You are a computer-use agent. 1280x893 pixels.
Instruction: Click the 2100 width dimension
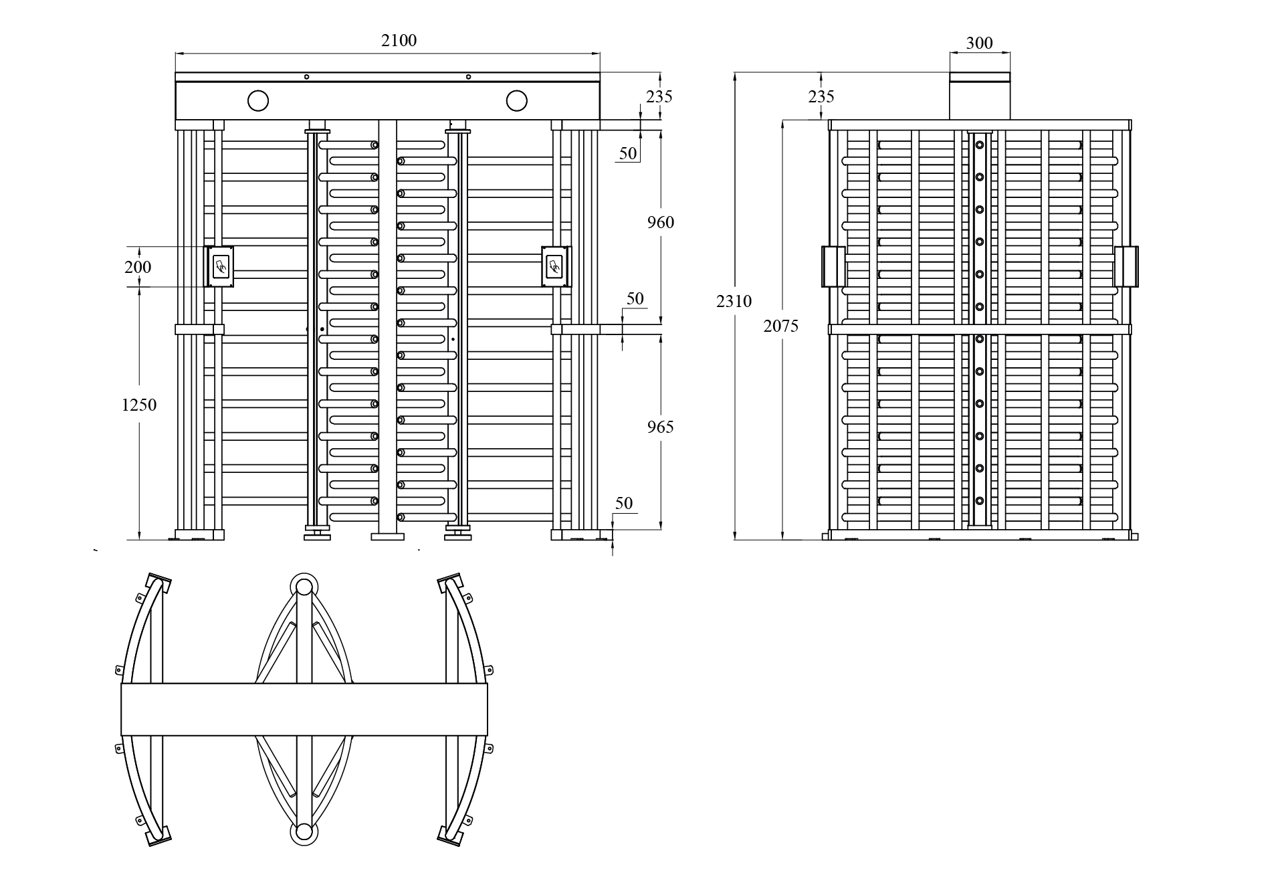[x=399, y=41]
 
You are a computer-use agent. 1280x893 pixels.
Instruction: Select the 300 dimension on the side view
[x=980, y=43]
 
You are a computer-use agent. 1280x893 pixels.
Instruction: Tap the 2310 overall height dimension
[x=734, y=302]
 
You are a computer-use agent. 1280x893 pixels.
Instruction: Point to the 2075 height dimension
[x=780, y=326]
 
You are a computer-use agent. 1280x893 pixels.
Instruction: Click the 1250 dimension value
[x=139, y=405]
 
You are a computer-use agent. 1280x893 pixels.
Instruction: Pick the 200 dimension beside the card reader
[x=138, y=267]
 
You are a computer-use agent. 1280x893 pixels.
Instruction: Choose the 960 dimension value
[x=660, y=222]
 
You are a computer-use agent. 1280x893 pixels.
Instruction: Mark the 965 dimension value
[x=660, y=427]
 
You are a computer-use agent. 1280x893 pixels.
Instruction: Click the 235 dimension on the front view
[x=659, y=96]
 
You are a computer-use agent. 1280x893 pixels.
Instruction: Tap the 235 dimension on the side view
[x=821, y=97]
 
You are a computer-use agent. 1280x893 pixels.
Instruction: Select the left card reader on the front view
[x=219, y=266]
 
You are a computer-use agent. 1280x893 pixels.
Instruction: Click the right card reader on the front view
[x=556, y=266]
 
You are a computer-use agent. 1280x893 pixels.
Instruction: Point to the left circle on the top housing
[x=258, y=101]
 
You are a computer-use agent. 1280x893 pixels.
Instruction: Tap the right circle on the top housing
[x=516, y=101]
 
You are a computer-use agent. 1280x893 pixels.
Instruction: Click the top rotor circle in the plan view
[x=304, y=587]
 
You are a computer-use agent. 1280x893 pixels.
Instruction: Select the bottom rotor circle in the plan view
[x=304, y=831]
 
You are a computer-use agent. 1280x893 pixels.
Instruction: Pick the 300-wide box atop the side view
[x=980, y=96]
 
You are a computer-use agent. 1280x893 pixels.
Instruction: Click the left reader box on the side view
[x=833, y=266]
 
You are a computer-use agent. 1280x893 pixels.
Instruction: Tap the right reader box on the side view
[x=1126, y=266]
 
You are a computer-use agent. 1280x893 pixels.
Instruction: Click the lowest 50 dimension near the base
[x=623, y=504]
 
